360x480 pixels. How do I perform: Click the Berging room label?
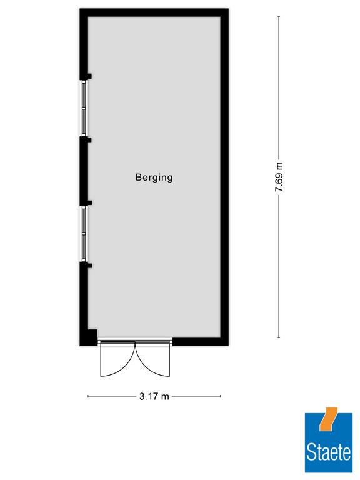click(154, 177)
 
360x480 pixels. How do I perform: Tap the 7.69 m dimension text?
click(279, 177)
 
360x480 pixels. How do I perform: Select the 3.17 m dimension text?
click(154, 396)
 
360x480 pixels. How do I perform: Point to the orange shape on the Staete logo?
click(328, 419)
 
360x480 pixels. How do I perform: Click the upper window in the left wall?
click(84, 107)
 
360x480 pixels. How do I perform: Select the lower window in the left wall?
click(84, 234)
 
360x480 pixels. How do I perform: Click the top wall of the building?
click(154, 12)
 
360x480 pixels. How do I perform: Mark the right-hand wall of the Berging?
click(224, 177)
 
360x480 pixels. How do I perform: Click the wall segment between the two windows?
click(84, 171)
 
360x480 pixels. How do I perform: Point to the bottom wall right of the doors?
click(200, 342)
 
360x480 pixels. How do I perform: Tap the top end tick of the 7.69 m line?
click(279, 16)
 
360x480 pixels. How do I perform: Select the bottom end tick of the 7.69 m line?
click(279, 337)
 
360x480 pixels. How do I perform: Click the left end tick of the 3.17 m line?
click(88, 396)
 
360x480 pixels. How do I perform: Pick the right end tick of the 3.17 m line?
click(221, 396)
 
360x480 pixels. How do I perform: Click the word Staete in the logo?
click(329, 452)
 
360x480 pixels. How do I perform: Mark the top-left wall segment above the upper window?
click(84, 44)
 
